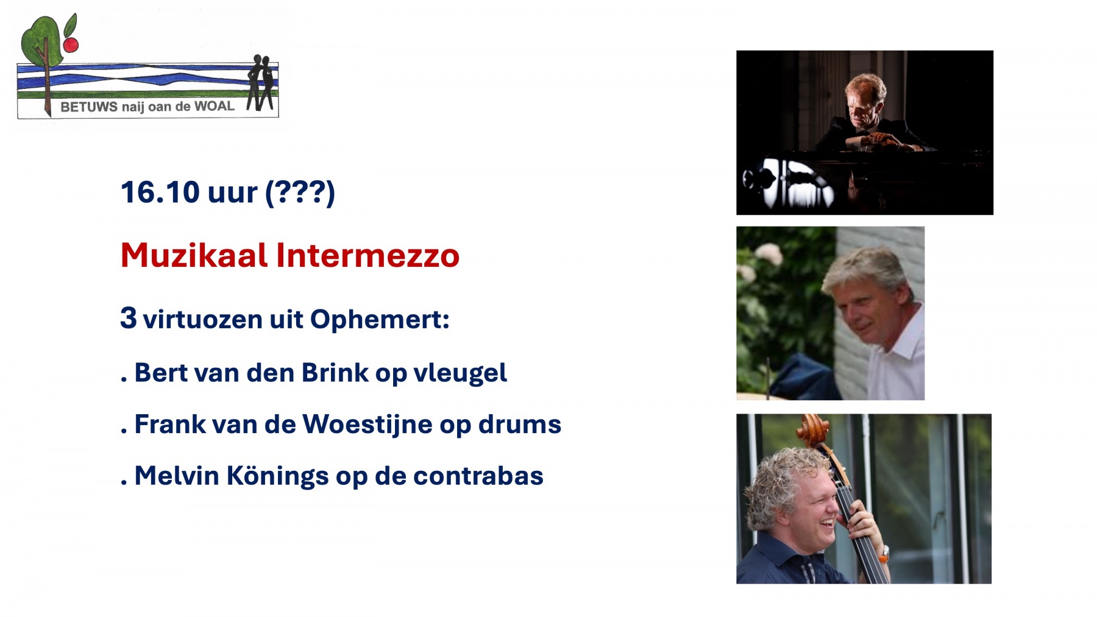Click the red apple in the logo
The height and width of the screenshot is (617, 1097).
click(x=71, y=44)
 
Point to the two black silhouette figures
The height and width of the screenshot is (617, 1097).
click(x=261, y=83)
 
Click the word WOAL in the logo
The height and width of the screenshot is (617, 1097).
click(x=214, y=106)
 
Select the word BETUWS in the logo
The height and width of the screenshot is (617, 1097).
click(x=89, y=107)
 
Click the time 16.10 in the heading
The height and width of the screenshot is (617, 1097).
click(x=160, y=192)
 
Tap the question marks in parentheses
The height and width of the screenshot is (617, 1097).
click(x=300, y=193)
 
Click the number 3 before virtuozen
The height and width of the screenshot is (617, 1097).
click(x=128, y=317)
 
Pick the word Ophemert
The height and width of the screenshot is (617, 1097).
click(x=380, y=320)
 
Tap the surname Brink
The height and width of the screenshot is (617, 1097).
click(x=335, y=373)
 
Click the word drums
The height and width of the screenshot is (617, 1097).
click(x=519, y=425)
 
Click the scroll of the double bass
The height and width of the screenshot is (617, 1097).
click(x=813, y=430)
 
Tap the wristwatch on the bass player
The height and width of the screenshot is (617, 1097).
click(x=883, y=552)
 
